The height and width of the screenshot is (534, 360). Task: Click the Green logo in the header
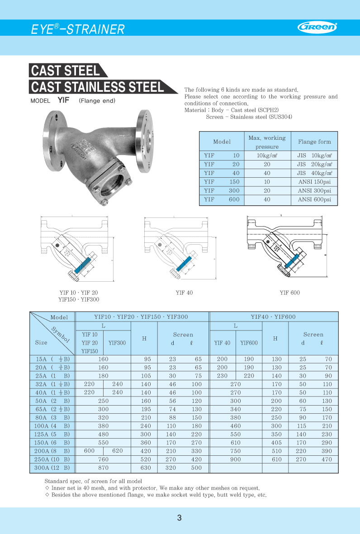[317, 27]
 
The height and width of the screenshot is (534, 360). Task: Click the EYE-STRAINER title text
[77, 29]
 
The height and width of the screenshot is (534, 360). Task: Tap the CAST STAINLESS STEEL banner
[97, 86]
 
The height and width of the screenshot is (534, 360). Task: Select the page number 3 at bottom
[180, 518]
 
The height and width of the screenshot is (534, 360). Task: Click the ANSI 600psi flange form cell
[314, 199]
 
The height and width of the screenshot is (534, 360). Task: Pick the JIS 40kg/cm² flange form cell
[314, 173]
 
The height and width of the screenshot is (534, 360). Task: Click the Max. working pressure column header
[267, 142]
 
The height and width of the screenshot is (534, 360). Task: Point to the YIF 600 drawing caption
[289, 293]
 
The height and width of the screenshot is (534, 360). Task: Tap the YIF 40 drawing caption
[184, 293]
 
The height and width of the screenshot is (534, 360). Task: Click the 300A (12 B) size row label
[52, 468]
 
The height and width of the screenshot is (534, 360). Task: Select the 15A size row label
[52, 359]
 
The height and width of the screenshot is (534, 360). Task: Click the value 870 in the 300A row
[103, 468]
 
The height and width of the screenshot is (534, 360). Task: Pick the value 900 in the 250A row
[236, 459]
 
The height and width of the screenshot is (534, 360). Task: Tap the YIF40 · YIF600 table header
[274, 317]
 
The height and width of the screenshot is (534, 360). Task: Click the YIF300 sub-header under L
[117, 343]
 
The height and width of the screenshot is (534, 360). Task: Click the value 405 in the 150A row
[276, 443]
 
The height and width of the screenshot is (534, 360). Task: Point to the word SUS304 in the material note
[281, 117]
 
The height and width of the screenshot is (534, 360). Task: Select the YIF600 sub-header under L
[249, 343]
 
